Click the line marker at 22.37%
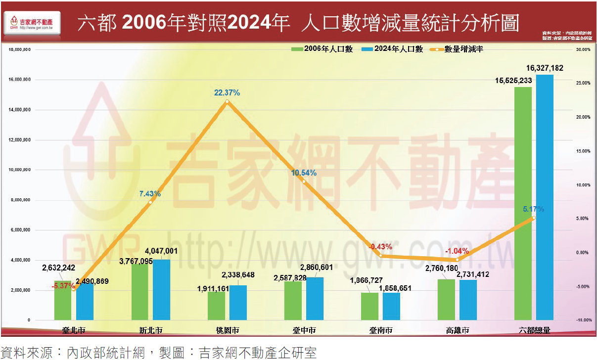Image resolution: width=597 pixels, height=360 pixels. (227, 101)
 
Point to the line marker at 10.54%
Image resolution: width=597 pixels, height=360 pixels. (304, 181)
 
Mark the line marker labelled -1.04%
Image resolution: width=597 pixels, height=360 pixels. (457, 260)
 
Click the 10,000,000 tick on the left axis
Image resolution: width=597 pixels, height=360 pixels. (20, 170)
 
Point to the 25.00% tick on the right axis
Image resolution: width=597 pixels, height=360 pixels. (583, 83)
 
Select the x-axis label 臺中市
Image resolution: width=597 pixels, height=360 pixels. (304, 330)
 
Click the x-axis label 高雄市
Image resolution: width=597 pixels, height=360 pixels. (457, 330)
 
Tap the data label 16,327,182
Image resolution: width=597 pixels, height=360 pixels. (545, 68)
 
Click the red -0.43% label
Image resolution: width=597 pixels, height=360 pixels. (380, 246)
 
